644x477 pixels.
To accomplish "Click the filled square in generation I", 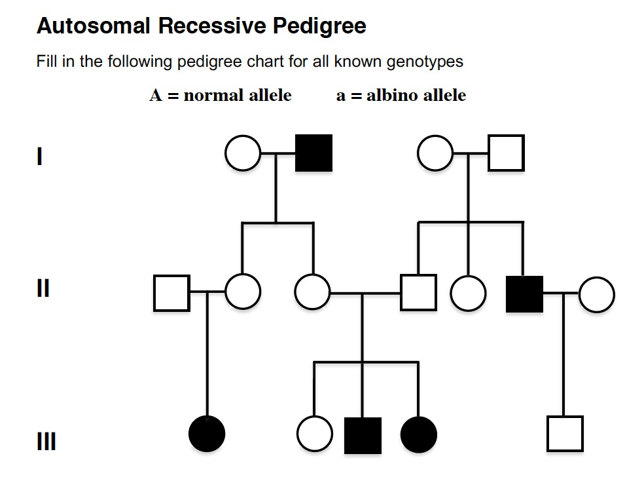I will pyautogui.click(x=313, y=153).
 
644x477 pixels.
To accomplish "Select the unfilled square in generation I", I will pyautogui.click(x=506, y=153).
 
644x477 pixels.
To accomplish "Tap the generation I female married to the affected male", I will pyautogui.click(x=243, y=153).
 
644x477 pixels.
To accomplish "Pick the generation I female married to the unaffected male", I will pyautogui.click(x=436, y=153).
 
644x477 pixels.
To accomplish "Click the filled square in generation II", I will pyautogui.click(x=524, y=294).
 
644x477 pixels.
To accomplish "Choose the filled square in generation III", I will pyautogui.click(x=363, y=434).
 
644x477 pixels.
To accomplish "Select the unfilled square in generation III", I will pyautogui.click(x=564, y=434).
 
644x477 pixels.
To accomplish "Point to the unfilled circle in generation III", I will pyautogui.click(x=314, y=434).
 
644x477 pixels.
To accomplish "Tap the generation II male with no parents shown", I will pyautogui.click(x=171, y=293).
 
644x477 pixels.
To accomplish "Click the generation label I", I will pyautogui.click(x=41, y=157).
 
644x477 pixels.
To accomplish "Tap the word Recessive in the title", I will pyautogui.click(x=212, y=26).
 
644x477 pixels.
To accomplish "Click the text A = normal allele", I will pyautogui.click(x=221, y=95).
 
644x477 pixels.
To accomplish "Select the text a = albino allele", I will pyautogui.click(x=401, y=95).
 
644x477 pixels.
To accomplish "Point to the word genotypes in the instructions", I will pyautogui.click(x=425, y=62).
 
